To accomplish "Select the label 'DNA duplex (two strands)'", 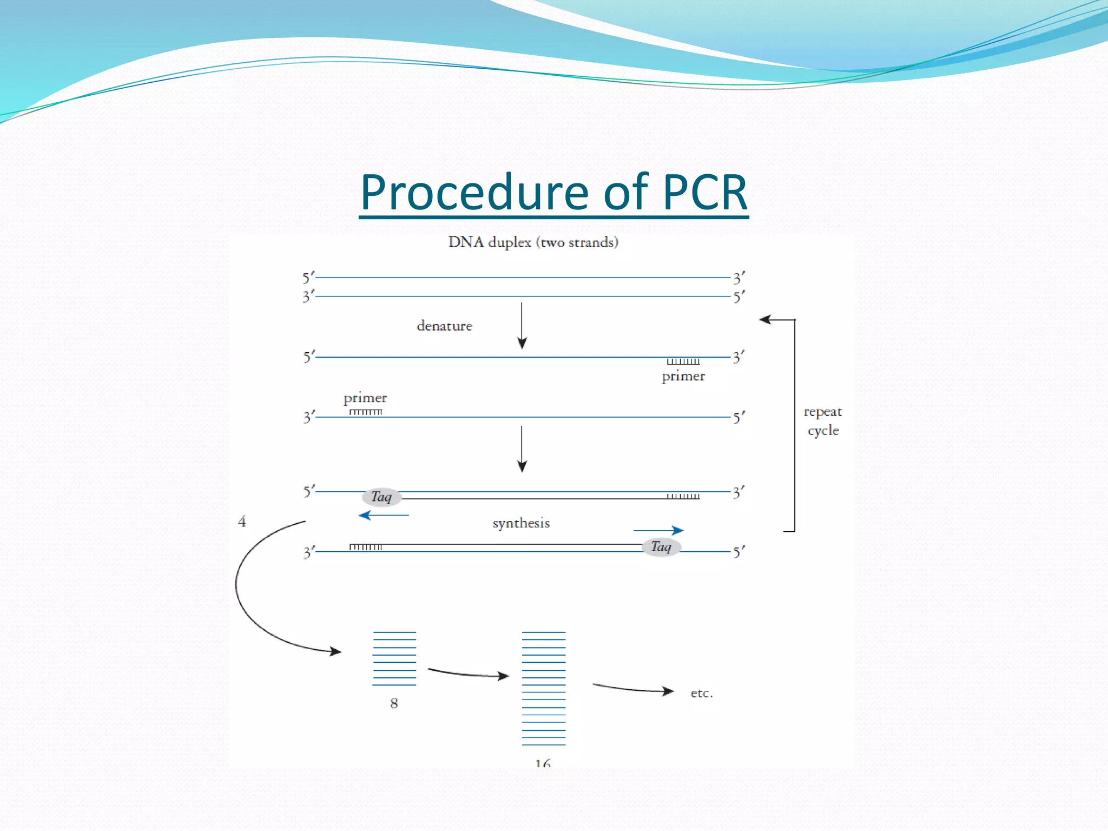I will pos(533,242).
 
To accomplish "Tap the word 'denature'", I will pos(444,326).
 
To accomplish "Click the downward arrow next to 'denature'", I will pos(522,326).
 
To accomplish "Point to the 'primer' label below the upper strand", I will pos(683,376).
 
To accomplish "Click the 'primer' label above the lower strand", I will pos(365,398).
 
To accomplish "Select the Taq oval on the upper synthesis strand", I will pos(381,497).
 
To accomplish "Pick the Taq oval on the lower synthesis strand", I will pos(661,547).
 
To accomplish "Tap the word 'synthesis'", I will pos(521,523).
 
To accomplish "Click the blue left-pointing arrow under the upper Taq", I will pos(383,515).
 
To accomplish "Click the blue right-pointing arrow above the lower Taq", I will pos(658,530).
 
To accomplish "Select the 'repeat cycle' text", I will pos(823,421).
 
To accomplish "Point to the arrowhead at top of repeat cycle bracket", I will pos(765,320).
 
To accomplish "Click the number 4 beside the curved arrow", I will pos(242,522).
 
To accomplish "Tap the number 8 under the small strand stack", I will pos(394,703).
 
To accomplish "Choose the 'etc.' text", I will pos(702,693).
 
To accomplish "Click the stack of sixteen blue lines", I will pos(543,688).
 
